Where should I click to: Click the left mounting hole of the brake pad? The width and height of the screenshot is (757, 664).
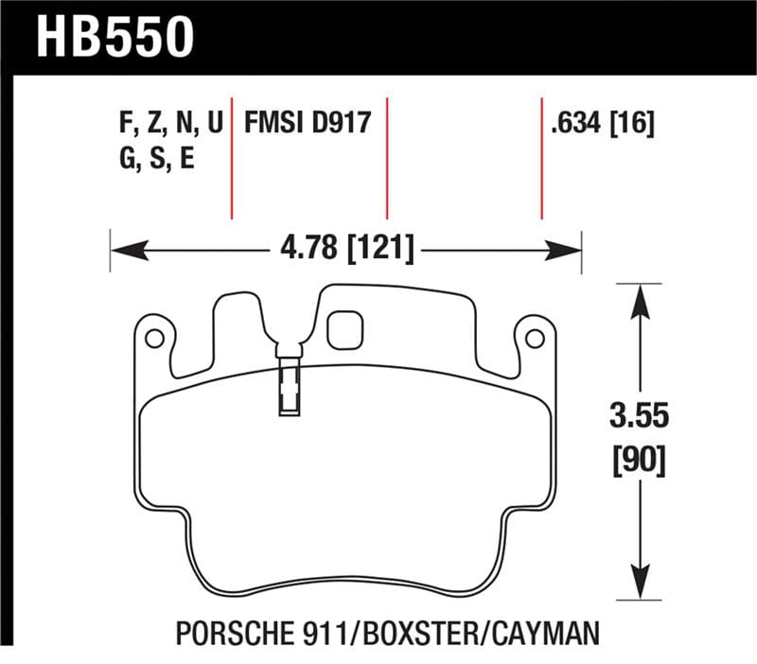coord(153,337)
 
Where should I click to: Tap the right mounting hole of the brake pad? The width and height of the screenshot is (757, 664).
coord(534,337)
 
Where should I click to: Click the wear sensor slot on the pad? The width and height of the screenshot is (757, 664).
coord(288,388)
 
